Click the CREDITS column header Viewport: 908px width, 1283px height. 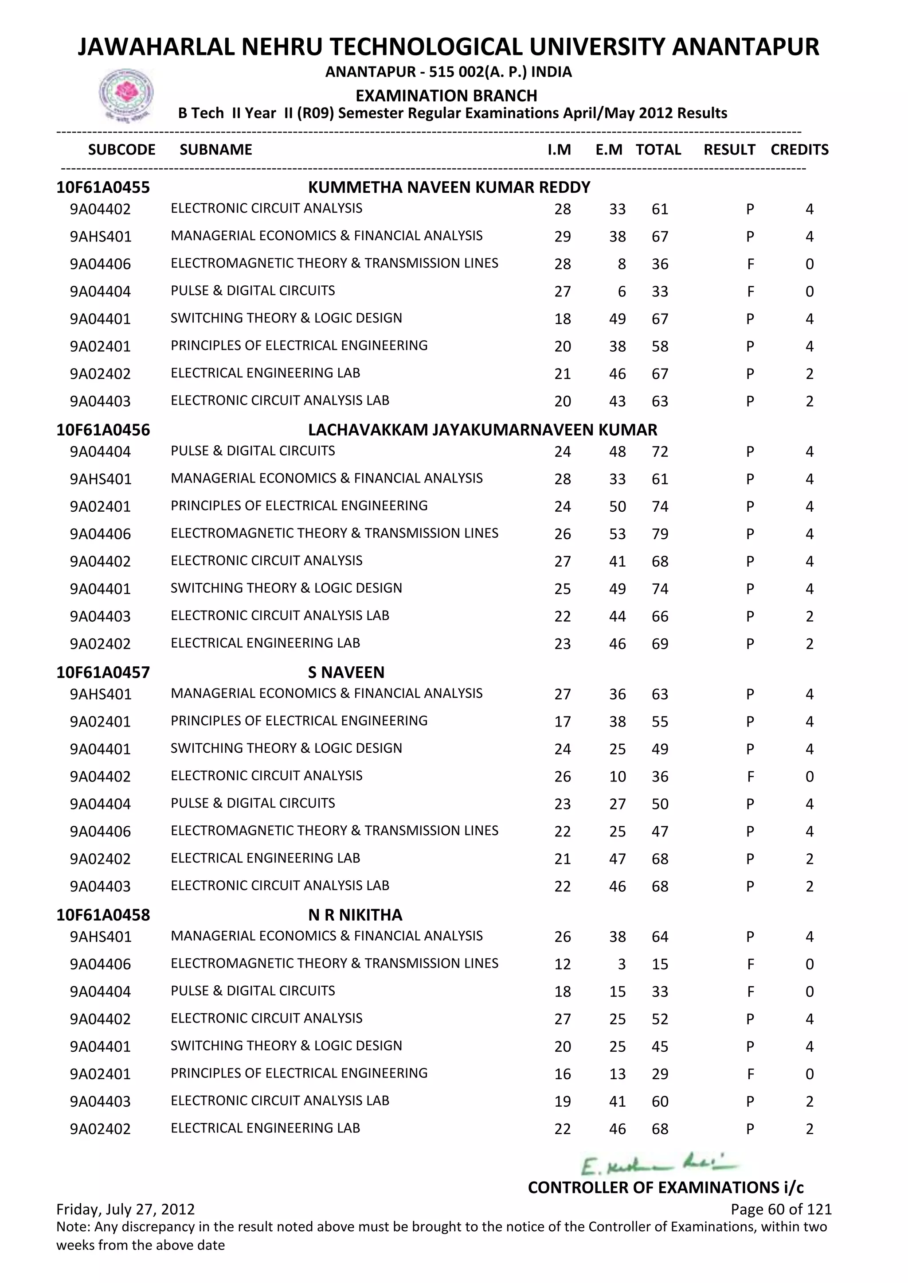coord(799,150)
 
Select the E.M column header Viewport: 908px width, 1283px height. coord(608,150)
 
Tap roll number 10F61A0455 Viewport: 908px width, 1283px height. coord(103,187)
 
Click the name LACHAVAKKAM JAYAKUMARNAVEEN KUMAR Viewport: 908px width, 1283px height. coord(482,430)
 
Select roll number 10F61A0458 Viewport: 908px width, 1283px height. coord(103,915)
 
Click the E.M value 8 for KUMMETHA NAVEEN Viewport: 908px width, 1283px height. coord(621,264)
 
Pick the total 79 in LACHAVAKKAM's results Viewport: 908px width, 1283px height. coord(660,534)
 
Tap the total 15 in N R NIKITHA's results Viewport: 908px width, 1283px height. coord(660,964)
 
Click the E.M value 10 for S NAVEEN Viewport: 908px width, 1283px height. coord(617,777)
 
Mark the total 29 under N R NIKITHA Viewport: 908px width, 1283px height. coord(660,1074)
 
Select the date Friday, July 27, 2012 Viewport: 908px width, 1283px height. coord(125,1209)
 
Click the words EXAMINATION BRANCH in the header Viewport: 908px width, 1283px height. coord(446,96)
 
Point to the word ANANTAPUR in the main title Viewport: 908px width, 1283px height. coord(745,47)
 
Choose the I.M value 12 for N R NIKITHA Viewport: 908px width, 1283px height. coord(563,964)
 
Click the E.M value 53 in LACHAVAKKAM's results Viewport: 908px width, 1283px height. coord(617,534)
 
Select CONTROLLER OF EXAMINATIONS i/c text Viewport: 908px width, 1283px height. coord(665,1187)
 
